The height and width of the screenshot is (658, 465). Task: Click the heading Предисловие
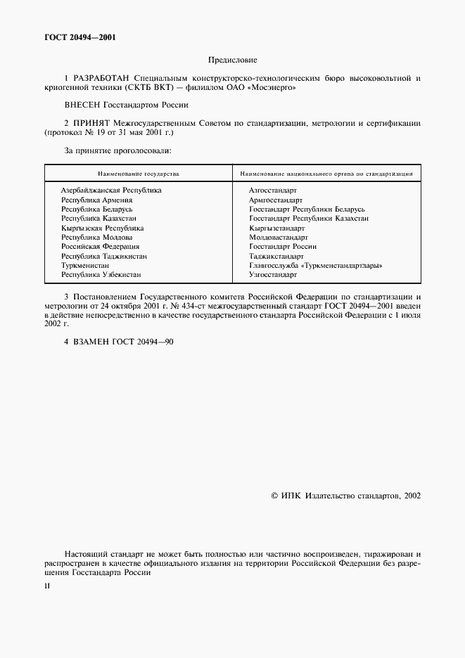[x=233, y=61]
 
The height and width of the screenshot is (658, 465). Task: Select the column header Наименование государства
[x=138, y=172]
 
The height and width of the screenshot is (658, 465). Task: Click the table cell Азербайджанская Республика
[x=111, y=191]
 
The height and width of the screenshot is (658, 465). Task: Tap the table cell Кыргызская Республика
[x=102, y=228]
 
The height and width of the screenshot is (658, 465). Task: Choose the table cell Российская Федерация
[x=100, y=247]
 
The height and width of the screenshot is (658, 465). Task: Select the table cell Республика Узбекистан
[x=101, y=275]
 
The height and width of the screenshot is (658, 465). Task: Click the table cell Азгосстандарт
[x=273, y=191]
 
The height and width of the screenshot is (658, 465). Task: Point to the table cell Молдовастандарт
[x=279, y=238]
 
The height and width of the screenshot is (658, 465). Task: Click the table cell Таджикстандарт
[x=276, y=257]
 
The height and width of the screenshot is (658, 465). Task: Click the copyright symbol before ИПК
[x=274, y=496]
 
